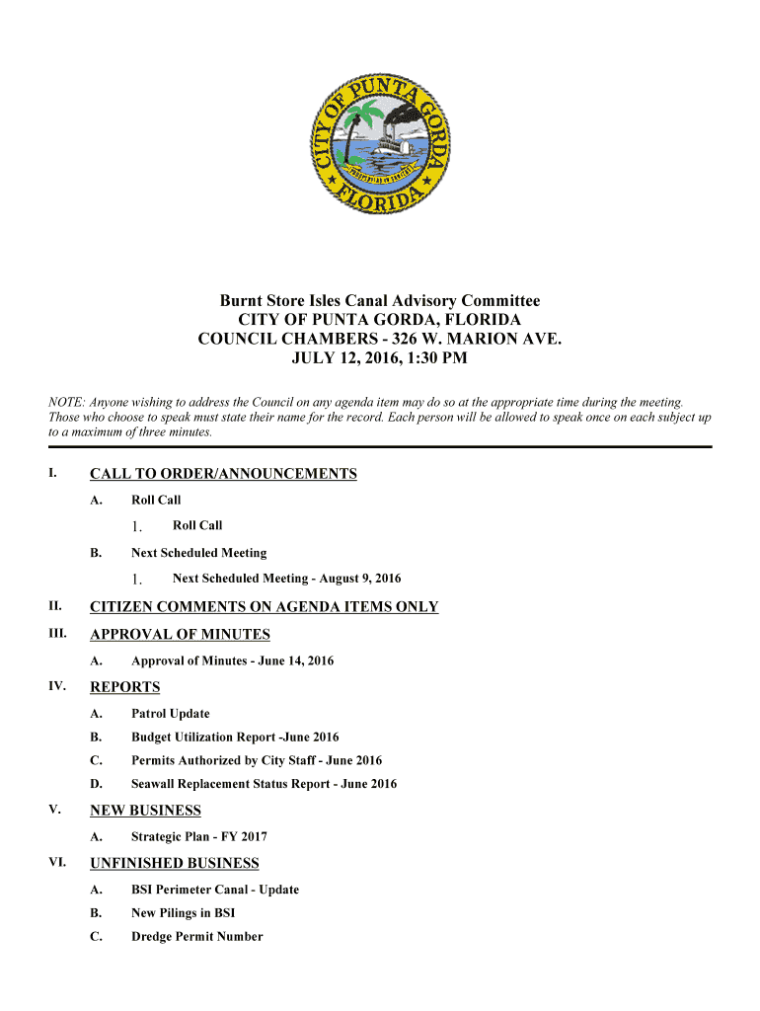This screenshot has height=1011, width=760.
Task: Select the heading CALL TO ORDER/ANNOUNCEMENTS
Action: (x=223, y=475)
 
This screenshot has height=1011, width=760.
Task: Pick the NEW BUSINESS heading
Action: (x=145, y=811)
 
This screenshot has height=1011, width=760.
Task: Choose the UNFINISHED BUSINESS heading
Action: (x=174, y=864)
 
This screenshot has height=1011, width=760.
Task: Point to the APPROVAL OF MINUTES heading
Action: (x=180, y=635)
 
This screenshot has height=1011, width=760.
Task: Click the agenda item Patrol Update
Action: (x=170, y=714)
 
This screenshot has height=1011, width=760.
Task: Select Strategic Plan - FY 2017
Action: (x=198, y=837)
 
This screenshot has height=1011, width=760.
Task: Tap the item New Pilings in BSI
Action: (x=183, y=913)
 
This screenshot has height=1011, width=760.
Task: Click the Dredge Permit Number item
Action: (x=196, y=937)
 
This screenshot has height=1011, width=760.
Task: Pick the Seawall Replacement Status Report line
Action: (x=264, y=785)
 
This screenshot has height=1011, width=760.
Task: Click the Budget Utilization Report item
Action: (x=235, y=738)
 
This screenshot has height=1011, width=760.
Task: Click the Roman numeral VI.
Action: (x=56, y=863)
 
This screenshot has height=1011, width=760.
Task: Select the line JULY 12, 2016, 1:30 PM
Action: (x=379, y=358)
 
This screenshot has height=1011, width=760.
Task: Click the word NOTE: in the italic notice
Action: (x=66, y=403)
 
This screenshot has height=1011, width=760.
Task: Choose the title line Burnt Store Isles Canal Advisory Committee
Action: (x=379, y=301)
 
